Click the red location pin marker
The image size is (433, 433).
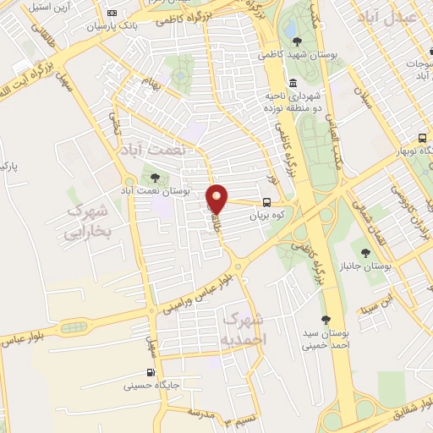pyautogui.click(x=217, y=198)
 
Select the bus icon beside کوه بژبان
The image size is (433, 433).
pyautogui.click(x=267, y=202)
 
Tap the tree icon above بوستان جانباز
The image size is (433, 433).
pyautogui.click(x=365, y=252)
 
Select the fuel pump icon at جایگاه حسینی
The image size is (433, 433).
pyautogui.click(x=150, y=373)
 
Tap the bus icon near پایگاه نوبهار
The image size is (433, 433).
pyautogui.click(x=422, y=138)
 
